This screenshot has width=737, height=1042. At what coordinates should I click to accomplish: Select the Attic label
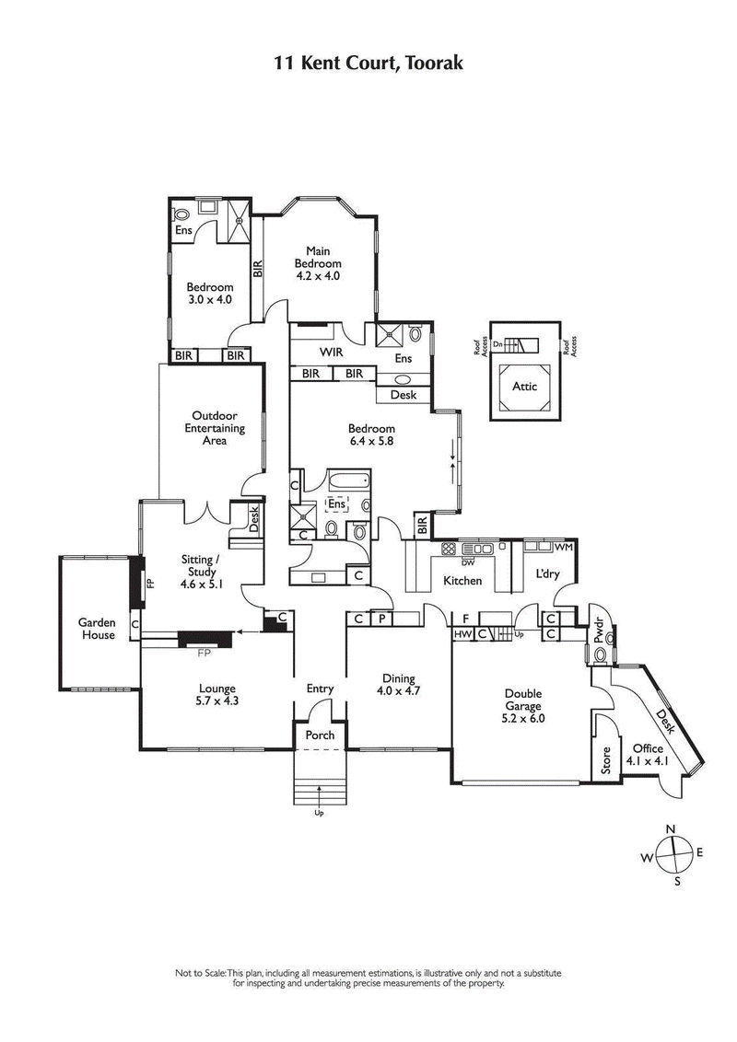point(524,387)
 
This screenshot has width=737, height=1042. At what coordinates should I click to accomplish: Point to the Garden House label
point(96,629)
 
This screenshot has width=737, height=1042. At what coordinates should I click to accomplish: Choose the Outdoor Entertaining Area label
point(215,427)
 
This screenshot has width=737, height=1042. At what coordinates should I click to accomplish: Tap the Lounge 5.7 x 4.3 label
point(217,694)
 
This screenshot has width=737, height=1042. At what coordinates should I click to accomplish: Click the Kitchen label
point(462,581)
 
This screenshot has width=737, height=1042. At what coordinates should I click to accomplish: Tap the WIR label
point(332,353)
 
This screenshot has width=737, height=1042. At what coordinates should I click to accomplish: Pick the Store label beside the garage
point(605,763)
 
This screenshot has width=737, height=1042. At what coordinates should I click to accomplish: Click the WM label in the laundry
point(564,547)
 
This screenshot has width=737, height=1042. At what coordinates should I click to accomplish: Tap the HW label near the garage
point(462,633)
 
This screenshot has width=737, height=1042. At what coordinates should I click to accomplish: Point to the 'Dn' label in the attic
point(497,343)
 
